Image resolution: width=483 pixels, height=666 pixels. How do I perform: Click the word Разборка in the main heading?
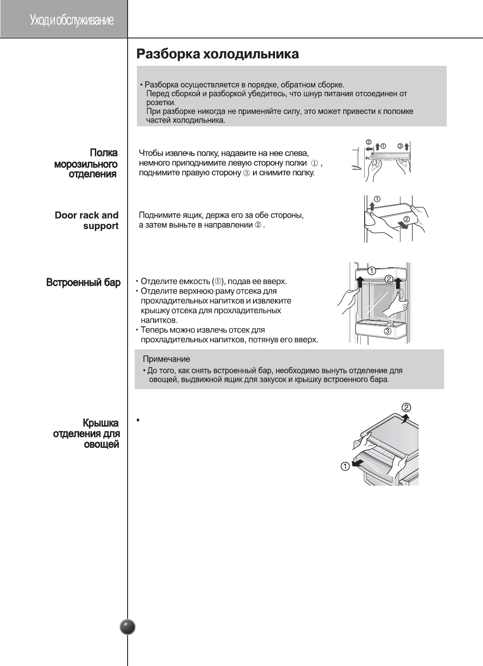click(x=168, y=54)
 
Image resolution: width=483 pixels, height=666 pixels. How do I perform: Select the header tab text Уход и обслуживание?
click(x=72, y=20)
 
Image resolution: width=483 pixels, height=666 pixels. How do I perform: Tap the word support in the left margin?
click(x=101, y=226)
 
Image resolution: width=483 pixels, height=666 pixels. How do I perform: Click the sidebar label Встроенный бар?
click(x=83, y=282)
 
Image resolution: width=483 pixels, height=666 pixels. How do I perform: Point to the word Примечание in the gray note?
click(x=166, y=359)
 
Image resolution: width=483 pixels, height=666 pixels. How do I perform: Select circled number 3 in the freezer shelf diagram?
click(x=400, y=146)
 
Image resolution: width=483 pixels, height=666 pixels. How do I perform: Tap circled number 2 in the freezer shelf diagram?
click(x=368, y=142)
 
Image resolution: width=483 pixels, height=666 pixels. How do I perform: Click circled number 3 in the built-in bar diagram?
click(x=387, y=331)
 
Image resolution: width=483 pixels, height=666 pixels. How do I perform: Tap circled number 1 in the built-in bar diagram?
click(x=372, y=271)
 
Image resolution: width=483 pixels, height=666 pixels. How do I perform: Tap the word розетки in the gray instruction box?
click(x=161, y=102)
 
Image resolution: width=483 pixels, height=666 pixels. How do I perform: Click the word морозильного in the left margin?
click(x=86, y=164)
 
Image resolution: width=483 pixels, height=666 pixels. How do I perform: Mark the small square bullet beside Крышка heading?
click(x=138, y=420)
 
